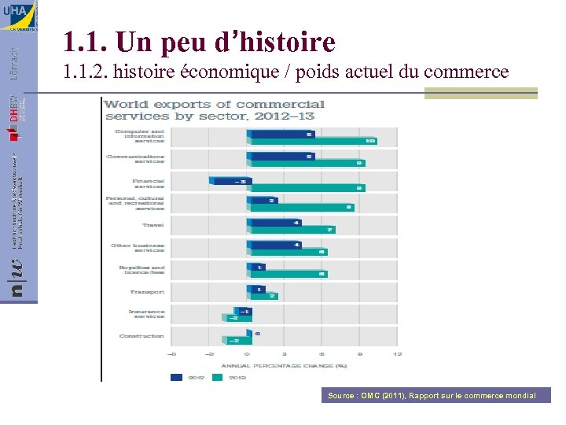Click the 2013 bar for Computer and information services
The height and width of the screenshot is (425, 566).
coord(312,142)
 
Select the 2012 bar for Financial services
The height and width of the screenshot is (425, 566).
coord(229,180)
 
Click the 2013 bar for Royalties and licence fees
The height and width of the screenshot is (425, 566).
coord(287,274)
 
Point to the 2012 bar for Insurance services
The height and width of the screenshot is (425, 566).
coord(241,312)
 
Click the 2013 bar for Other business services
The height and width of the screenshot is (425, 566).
coord(287,252)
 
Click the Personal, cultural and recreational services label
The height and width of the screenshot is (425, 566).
coord(135,203)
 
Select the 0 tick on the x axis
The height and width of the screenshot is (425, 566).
coord(247,354)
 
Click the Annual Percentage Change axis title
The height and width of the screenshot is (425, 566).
coord(285,365)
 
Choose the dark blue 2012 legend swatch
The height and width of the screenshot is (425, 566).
coord(178,377)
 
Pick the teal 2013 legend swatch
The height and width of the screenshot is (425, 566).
coord(217,377)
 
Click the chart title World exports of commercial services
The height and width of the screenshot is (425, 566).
coord(215,109)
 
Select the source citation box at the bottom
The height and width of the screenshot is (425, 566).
coord(432,395)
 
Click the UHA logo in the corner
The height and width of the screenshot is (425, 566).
coord(18,16)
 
